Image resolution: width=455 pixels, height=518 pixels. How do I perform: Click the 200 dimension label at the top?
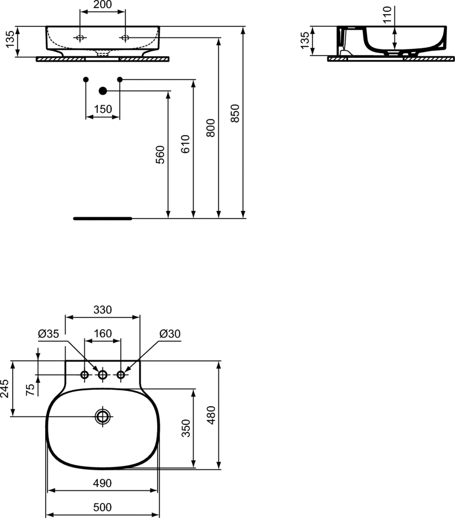point(102,5)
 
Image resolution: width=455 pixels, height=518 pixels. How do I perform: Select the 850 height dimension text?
point(235,113)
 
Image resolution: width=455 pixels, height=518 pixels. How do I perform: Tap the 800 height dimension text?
point(210,128)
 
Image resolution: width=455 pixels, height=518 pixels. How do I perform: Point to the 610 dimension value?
point(185,144)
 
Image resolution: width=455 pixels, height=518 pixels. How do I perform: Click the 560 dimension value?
point(160,155)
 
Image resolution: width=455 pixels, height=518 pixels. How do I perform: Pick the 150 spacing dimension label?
point(102,109)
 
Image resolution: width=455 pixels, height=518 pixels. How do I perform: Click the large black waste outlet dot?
point(103,91)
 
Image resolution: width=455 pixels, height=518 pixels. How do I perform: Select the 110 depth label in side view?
point(387,15)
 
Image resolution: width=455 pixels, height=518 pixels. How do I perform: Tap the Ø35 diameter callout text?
point(49,334)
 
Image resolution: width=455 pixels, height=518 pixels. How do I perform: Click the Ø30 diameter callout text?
point(170,334)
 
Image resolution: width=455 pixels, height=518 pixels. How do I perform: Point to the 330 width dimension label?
point(102,310)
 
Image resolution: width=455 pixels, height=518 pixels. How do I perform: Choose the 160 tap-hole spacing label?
point(102,333)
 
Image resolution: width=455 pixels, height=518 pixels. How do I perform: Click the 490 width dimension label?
point(102,483)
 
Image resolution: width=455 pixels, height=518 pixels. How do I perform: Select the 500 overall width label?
point(102,507)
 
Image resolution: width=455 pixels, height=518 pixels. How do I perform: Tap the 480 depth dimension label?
point(211,415)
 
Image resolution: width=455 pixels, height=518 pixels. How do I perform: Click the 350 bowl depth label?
point(186,428)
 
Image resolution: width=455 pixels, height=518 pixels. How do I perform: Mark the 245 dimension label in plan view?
point(4,388)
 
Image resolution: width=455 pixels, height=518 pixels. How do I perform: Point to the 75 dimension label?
point(30,390)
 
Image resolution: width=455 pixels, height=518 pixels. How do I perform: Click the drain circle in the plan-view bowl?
point(102,417)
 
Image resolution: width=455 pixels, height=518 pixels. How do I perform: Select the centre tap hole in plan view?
point(102,375)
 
